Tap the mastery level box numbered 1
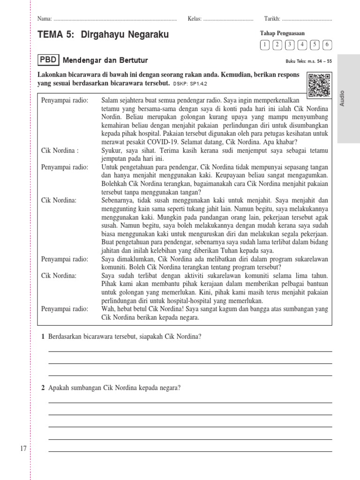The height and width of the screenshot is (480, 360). pos(265,45)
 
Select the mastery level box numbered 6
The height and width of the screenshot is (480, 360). pos(327,45)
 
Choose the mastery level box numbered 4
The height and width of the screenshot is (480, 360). pos(302,45)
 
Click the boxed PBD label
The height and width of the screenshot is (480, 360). pos(49,60)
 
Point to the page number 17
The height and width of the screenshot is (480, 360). pos(23,449)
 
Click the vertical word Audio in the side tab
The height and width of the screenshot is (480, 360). pos(342,97)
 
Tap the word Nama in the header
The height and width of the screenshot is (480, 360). pos(44,19)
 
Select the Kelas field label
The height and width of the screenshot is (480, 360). pos(194,19)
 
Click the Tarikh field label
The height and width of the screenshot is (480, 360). pos(272,19)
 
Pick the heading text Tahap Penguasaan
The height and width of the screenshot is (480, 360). pos(282,33)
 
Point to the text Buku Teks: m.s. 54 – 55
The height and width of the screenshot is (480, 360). pos(308,61)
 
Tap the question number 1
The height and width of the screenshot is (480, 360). pos(43,336)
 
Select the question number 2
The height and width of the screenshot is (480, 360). pos(43,388)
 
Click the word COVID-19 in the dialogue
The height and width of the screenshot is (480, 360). pos(162,142)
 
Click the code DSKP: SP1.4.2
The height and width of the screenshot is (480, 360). pos(190,83)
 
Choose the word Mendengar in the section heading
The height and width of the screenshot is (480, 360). pos(82,60)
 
